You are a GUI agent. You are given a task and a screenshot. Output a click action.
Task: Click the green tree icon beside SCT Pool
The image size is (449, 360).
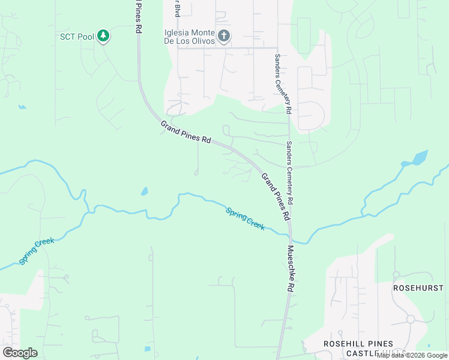[104, 36]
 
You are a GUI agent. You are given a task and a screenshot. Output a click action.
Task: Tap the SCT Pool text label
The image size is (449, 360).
[77, 37]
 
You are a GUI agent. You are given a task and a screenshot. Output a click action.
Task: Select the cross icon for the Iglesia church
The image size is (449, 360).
[223, 36]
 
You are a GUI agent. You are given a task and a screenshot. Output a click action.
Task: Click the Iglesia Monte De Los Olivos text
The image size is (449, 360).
[189, 37]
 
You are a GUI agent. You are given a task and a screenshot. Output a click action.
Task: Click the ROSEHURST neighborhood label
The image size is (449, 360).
[418, 288]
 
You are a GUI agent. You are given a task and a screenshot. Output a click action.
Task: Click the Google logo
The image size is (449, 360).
[20, 353]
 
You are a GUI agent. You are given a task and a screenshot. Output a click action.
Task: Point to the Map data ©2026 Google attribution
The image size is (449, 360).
[412, 355]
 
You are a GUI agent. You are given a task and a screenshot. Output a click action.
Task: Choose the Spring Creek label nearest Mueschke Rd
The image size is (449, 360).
[245, 218]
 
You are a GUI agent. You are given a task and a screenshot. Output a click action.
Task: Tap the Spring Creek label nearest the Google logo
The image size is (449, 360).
[37, 251]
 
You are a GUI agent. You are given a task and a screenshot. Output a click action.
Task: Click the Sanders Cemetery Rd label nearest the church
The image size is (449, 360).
[282, 84]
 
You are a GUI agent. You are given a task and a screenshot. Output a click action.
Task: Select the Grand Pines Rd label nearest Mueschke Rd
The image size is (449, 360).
[276, 196]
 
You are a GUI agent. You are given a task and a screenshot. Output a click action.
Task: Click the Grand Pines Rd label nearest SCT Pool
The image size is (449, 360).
[185, 131]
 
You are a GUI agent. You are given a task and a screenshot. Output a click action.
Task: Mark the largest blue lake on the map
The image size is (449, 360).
[418, 159]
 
